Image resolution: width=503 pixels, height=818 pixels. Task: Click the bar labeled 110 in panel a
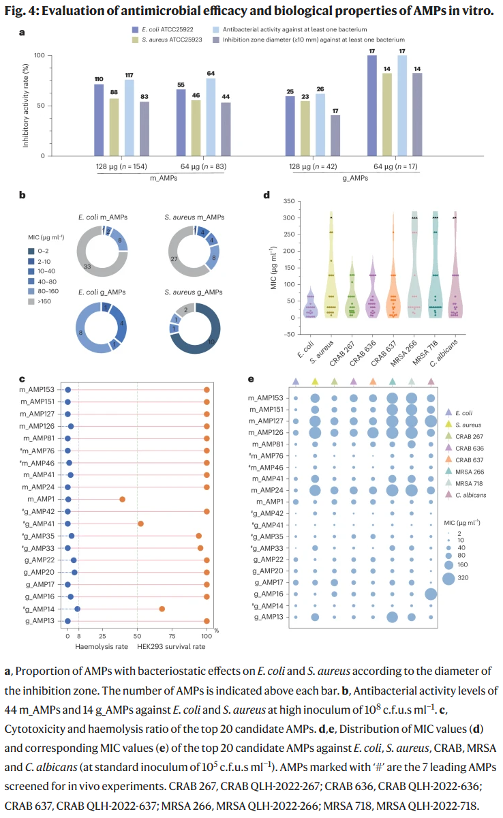[99, 120]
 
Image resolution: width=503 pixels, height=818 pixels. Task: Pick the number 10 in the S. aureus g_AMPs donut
[213, 341]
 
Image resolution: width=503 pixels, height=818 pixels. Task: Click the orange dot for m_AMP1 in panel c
[122, 499]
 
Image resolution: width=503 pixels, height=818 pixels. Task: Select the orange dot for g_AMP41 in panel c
[140, 524]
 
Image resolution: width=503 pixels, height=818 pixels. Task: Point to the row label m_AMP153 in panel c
[40, 389]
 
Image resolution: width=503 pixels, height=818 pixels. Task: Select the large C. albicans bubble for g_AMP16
[431, 594]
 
